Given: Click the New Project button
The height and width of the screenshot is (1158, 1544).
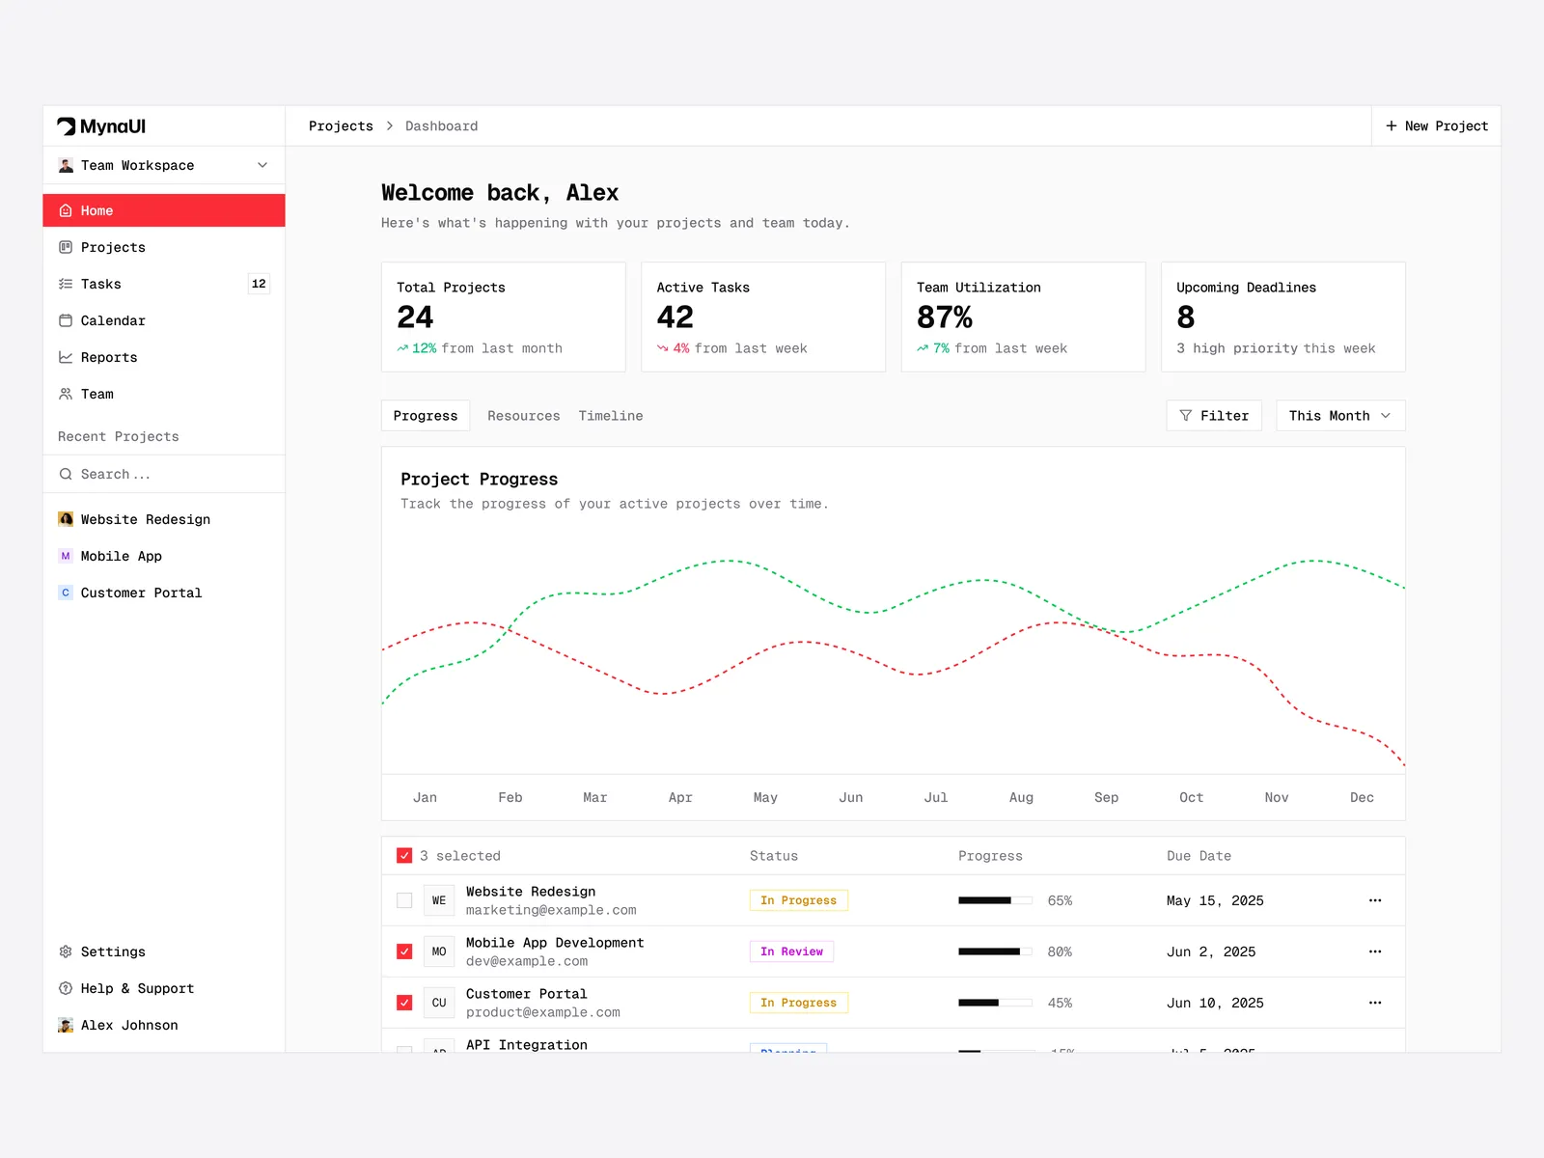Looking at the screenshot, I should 1437,126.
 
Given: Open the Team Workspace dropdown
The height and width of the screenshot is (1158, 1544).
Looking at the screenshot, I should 163,166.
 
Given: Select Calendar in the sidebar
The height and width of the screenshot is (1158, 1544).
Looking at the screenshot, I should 113,320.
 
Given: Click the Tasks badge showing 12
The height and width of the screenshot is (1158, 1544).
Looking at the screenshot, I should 259,284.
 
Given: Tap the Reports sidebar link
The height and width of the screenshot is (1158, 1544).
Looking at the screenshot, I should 109,357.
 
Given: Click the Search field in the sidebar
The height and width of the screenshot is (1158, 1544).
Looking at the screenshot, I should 164,474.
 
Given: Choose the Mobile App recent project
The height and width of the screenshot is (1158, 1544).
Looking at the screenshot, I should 122,556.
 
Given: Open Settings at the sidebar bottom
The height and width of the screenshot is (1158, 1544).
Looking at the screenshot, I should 113,951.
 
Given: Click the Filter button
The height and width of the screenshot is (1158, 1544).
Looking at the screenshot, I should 1214,416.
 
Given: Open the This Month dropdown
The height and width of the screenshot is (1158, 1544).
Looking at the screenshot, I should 1339,416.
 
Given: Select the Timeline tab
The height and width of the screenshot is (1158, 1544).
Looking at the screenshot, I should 611,416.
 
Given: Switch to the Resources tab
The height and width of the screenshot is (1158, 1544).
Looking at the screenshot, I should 523,416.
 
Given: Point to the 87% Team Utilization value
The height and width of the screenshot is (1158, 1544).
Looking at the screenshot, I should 944,317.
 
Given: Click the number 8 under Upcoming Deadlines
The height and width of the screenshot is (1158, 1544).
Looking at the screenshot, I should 1186,317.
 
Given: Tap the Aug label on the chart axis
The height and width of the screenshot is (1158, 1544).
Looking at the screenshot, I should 1021,797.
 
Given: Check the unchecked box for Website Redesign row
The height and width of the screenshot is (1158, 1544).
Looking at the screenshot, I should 404,900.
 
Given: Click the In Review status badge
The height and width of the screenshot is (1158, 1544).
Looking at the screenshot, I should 791,951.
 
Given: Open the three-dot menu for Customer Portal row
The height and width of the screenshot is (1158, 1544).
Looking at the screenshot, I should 1375,1003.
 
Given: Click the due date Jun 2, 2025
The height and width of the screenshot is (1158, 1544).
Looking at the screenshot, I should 1211,951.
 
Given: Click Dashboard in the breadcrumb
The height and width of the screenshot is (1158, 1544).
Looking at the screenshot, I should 441,126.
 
